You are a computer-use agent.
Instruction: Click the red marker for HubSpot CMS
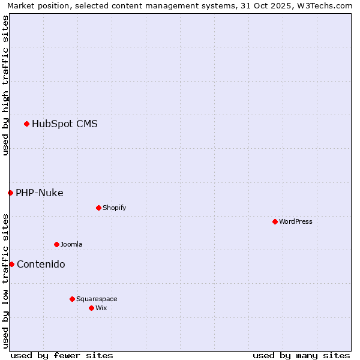click(x=26, y=124)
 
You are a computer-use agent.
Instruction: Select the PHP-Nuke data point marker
click(x=10, y=193)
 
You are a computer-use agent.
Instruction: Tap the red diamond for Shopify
click(x=98, y=208)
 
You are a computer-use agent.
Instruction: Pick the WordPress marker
click(x=275, y=221)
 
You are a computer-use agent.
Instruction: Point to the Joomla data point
click(x=56, y=244)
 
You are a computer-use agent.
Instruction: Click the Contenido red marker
click(x=11, y=264)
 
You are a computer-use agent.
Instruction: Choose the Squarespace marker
click(x=72, y=299)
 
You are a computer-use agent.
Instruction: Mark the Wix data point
click(x=91, y=308)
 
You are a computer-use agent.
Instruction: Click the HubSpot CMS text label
click(x=65, y=124)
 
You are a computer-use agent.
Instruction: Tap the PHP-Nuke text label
click(x=40, y=193)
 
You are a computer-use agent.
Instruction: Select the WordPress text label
click(x=296, y=221)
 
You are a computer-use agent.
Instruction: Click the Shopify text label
click(x=115, y=208)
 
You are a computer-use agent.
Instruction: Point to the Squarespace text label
click(x=97, y=299)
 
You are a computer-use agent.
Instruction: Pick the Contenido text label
click(x=41, y=264)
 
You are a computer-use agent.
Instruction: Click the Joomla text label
click(x=71, y=244)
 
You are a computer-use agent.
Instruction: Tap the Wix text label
click(x=101, y=308)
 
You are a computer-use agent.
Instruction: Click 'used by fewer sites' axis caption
click(x=62, y=355)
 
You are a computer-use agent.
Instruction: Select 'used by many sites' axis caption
click(x=301, y=355)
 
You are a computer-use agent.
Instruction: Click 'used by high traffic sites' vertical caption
click(x=5, y=85)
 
